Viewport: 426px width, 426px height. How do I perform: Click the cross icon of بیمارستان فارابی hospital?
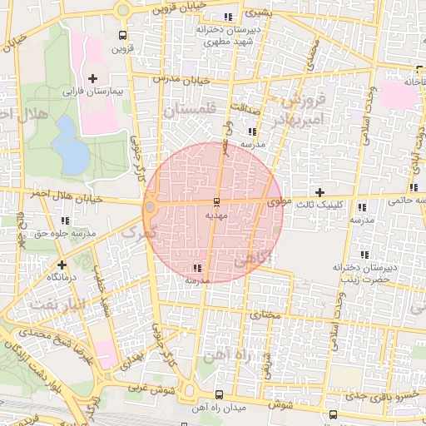[92, 78]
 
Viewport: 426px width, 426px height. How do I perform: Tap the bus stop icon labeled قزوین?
[123, 36]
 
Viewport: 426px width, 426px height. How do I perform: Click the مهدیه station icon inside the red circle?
[217, 202]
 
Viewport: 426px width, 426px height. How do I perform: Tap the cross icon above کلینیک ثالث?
[319, 192]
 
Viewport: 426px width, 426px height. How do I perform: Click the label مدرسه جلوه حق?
[65, 234]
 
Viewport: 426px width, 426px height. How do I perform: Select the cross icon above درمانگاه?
[62, 265]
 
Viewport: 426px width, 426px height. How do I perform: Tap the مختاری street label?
[267, 315]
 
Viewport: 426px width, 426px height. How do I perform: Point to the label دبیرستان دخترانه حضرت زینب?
[362, 274]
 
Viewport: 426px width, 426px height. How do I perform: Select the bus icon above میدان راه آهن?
[219, 394]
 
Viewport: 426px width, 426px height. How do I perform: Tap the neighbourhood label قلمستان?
[190, 111]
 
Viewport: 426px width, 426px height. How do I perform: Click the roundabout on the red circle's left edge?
[150, 206]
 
